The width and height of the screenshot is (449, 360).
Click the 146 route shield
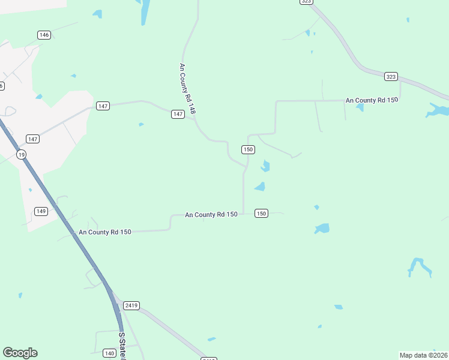44,35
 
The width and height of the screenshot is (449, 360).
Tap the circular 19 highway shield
22,155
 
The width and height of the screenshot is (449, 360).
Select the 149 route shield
41,211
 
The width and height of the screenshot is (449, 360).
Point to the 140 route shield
109,353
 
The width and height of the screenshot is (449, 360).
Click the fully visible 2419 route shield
131,305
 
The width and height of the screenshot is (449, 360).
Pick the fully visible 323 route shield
391,76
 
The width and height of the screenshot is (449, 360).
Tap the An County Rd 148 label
188,89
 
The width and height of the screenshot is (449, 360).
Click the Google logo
20,353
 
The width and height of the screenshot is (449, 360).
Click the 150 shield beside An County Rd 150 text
261,213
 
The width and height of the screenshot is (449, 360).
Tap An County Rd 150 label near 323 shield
372,100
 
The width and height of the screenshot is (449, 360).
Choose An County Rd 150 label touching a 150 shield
211,214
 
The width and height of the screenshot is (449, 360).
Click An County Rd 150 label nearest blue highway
104,232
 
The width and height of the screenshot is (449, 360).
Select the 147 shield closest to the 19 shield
32,139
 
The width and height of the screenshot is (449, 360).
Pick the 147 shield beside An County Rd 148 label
178,114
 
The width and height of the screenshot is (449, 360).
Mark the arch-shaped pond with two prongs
419,266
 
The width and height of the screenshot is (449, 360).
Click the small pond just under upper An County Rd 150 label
360,108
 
